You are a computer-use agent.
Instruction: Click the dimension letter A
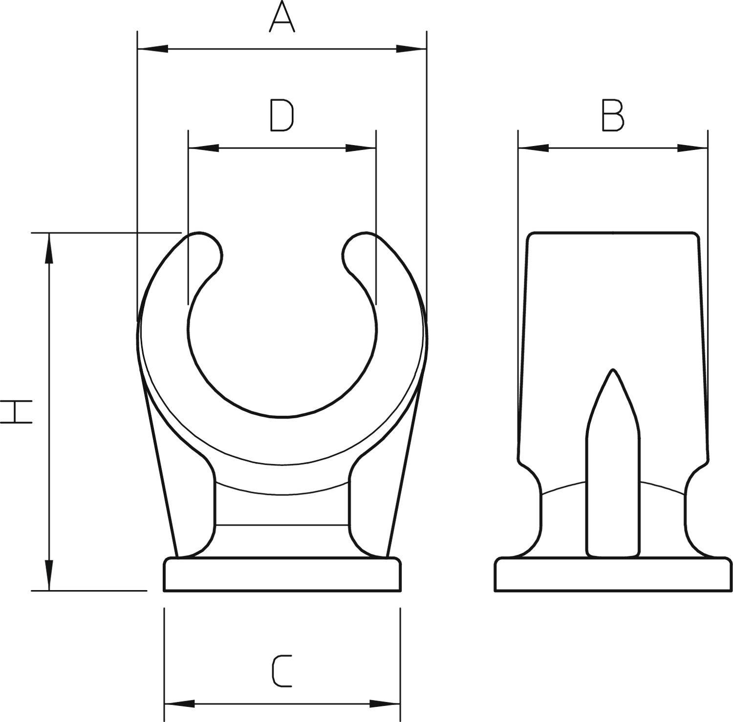282,18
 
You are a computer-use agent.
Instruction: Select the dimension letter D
282,116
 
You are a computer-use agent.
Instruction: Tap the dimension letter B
613,116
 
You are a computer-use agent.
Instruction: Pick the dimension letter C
282,672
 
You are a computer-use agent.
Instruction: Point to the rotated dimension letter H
17,411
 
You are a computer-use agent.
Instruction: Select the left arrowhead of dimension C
179,704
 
